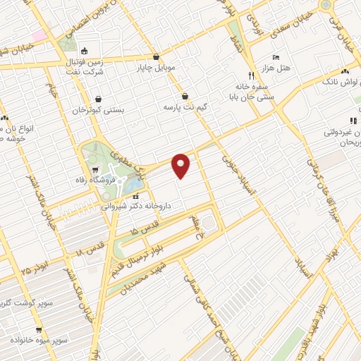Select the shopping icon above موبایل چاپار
(156, 57)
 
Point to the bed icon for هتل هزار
(276, 56)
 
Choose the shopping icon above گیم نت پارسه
(185, 96)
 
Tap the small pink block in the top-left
(38, 34)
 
